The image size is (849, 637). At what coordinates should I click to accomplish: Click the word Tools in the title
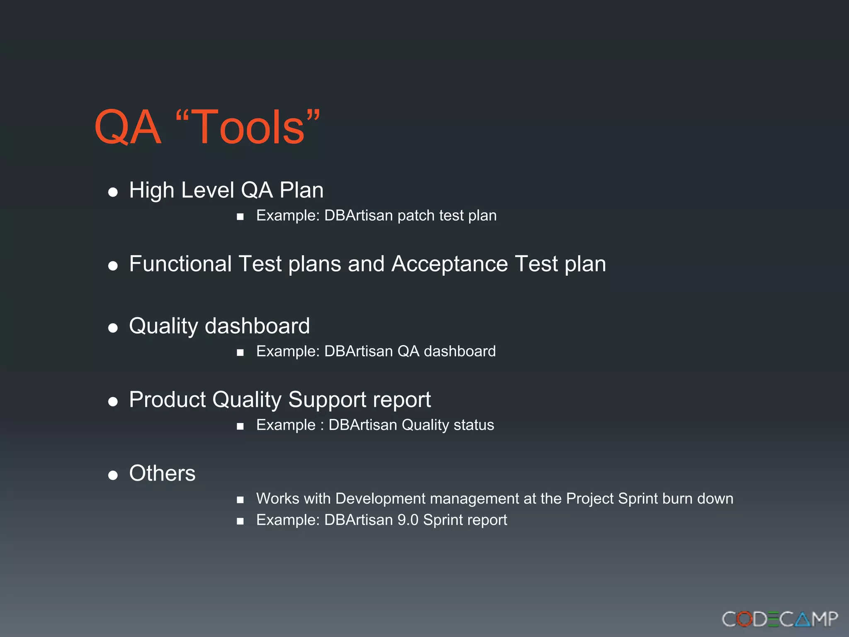click(x=248, y=127)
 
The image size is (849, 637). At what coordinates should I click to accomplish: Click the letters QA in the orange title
click(x=127, y=127)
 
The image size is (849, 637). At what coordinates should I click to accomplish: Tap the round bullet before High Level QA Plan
click(x=113, y=192)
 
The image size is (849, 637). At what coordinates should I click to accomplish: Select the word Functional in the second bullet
click(x=180, y=264)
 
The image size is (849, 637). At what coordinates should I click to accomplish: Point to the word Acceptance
click(x=449, y=264)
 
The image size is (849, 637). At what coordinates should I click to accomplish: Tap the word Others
click(x=162, y=473)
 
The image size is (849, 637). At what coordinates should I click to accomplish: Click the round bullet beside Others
click(x=113, y=475)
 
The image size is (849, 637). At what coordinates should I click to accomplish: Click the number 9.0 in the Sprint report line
click(x=408, y=520)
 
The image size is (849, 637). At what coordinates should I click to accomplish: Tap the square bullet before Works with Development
click(x=240, y=500)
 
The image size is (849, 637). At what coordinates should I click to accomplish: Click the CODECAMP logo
click(x=780, y=619)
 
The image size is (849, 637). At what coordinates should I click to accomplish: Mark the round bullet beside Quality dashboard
click(x=113, y=328)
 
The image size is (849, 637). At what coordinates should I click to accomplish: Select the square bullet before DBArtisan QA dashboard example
click(x=240, y=353)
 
